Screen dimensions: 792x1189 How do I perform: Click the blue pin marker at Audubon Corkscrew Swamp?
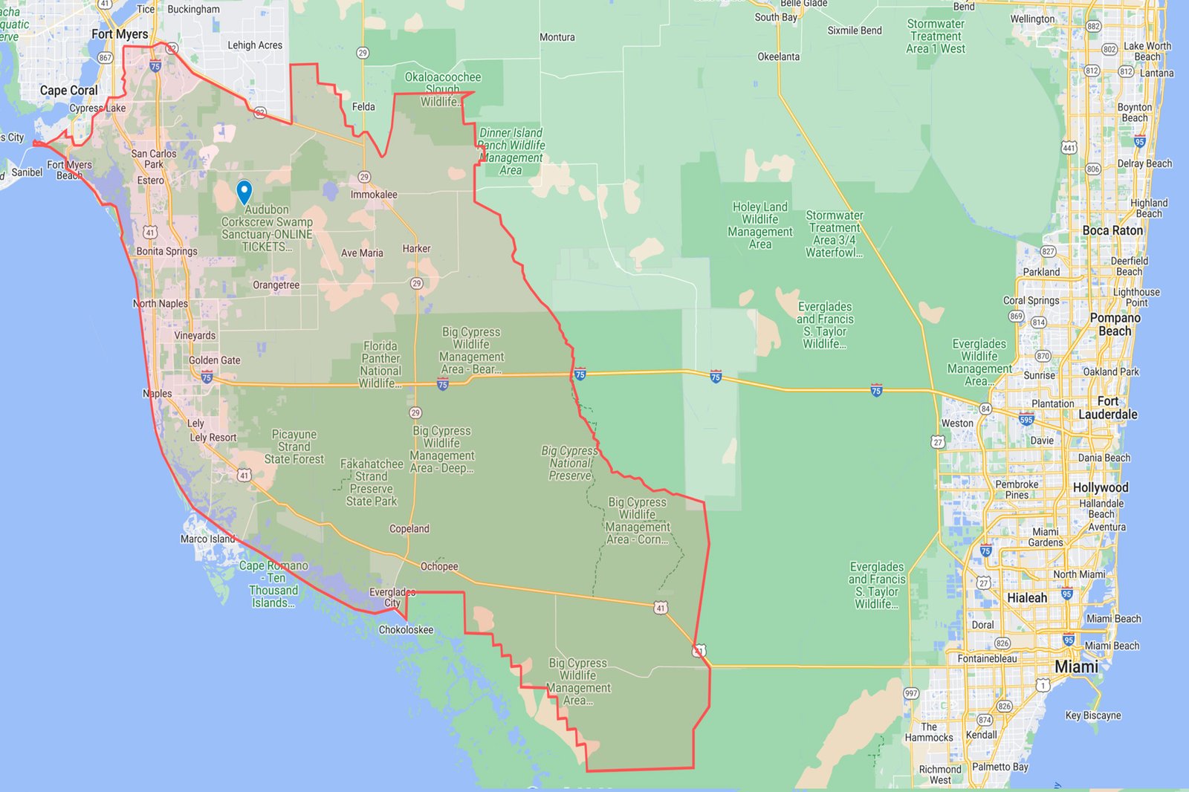click(x=244, y=191)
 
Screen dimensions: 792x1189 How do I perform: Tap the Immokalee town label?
click(x=374, y=195)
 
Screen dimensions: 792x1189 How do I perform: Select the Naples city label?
click(x=158, y=393)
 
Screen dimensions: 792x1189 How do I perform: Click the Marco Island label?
click(x=207, y=539)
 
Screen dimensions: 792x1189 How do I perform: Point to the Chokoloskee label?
click(x=406, y=630)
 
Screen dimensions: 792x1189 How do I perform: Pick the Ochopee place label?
click(x=439, y=566)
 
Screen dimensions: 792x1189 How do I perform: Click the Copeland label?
click(x=409, y=529)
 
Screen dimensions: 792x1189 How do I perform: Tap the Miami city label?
click(x=1076, y=666)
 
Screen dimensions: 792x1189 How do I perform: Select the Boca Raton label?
click(x=1112, y=230)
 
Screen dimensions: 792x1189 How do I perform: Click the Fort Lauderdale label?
click(x=1108, y=408)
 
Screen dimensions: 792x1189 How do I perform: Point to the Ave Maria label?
click(x=362, y=253)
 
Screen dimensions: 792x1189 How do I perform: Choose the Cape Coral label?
click(x=68, y=91)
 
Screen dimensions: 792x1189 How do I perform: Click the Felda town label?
click(x=363, y=107)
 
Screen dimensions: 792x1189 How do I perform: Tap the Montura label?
click(x=557, y=37)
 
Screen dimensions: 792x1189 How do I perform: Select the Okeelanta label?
click(x=779, y=56)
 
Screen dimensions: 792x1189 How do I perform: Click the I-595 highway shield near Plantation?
click(x=1026, y=419)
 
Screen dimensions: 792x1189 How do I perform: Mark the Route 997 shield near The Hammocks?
click(x=911, y=693)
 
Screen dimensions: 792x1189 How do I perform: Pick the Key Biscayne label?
click(x=1093, y=715)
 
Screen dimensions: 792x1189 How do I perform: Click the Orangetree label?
click(x=276, y=285)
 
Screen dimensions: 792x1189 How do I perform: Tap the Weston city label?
click(x=957, y=423)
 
